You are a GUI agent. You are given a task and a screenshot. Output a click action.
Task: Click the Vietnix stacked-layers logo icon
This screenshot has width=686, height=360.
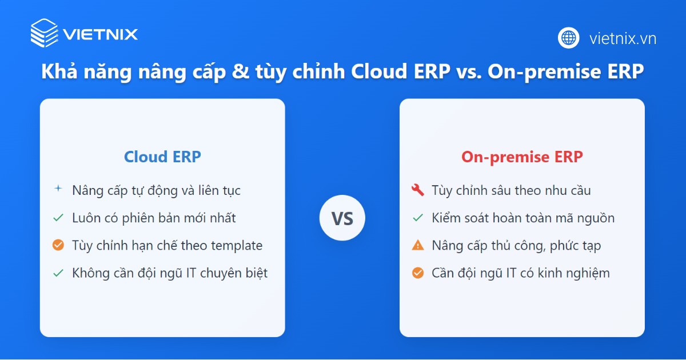coord(44,33)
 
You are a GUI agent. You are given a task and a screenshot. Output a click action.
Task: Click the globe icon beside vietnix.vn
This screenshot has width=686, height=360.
coord(568,38)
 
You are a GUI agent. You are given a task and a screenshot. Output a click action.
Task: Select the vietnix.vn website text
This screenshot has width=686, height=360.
coord(623,39)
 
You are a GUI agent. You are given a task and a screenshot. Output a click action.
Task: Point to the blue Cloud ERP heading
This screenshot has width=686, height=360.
coord(162,157)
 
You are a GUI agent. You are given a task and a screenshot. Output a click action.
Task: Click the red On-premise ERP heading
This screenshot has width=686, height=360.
coord(522,157)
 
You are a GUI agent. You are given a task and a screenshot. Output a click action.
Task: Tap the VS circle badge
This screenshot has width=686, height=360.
coord(342,218)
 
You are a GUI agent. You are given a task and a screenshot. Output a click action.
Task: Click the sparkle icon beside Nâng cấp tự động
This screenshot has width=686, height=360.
coord(58,189)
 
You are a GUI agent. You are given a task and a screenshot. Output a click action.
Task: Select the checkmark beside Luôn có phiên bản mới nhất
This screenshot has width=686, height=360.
coord(58,218)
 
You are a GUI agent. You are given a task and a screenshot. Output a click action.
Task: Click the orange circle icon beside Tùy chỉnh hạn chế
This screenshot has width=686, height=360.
coord(58,245)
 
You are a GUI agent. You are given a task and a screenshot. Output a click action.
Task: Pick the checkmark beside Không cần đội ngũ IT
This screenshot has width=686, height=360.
coord(58,273)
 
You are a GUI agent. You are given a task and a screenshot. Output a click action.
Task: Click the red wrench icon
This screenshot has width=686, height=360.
coord(417,190)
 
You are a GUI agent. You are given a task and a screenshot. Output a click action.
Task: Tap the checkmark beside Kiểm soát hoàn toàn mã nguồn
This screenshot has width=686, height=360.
coord(417,218)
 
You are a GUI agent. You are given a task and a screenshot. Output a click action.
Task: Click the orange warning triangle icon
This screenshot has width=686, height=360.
coord(417,245)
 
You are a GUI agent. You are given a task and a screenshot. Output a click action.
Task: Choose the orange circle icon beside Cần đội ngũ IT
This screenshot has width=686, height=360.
coord(417,273)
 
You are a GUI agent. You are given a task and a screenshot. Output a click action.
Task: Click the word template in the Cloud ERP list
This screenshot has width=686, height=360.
coord(236,246)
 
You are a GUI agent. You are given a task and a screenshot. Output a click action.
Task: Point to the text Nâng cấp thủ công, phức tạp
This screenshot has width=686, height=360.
coord(516,246)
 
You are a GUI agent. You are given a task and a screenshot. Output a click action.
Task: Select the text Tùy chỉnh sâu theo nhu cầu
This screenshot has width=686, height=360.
coord(511,190)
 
